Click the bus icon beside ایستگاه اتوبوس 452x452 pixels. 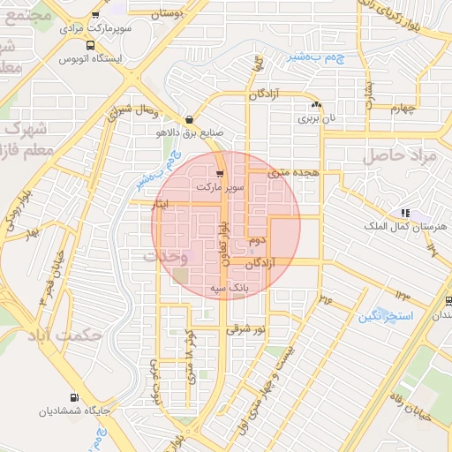91,46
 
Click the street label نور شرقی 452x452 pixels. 245,328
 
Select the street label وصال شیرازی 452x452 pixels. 132,111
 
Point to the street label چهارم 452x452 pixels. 402,109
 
